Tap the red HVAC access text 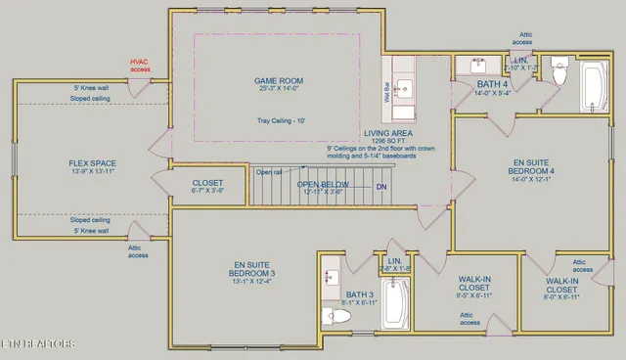click(x=141, y=67)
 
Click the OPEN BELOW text click(x=324, y=184)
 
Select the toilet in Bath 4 click(x=560, y=73)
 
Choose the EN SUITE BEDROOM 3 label click(x=251, y=266)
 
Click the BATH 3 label click(x=358, y=293)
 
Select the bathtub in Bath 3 click(x=395, y=304)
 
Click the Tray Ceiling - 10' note click(x=281, y=120)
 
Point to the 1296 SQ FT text click(x=388, y=141)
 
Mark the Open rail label click(x=269, y=172)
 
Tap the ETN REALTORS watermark click(x=38, y=343)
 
